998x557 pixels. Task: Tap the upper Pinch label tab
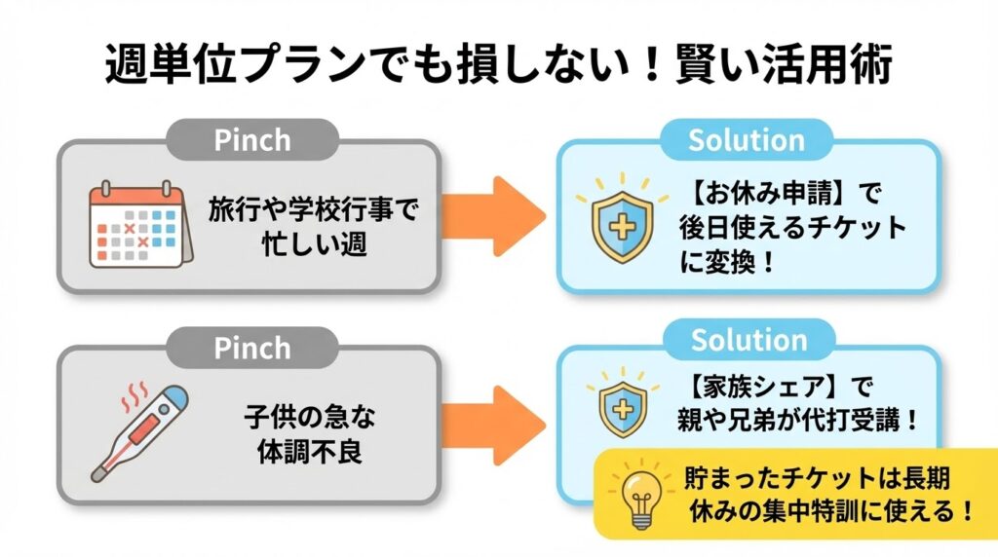[252, 139]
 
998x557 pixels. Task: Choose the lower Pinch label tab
[252, 347]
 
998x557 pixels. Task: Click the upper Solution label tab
[747, 139]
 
